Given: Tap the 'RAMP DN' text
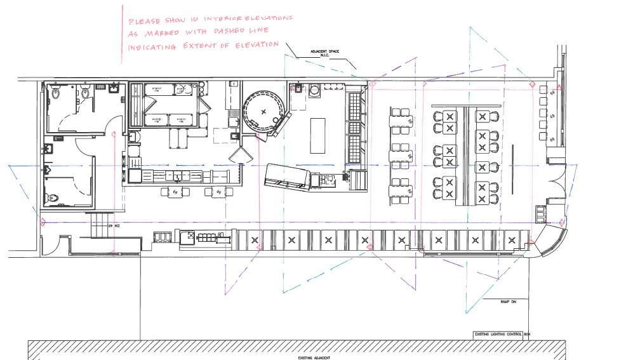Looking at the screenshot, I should click(x=509, y=302).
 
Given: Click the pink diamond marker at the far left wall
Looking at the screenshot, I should click(x=43, y=222).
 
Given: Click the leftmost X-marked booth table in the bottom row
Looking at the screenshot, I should click(x=255, y=240).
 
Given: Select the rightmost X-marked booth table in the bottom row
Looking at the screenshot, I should click(x=512, y=240).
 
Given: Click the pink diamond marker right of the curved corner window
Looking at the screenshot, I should click(x=563, y=222).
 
